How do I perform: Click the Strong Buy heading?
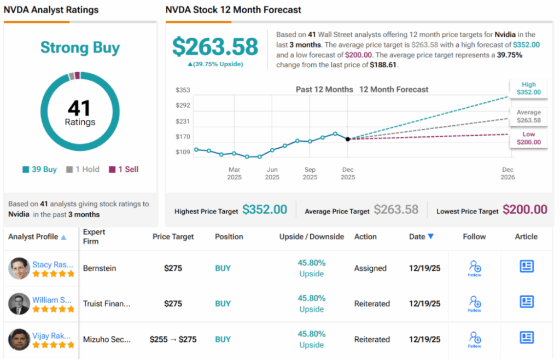(80, 48)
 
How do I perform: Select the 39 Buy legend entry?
(39, 170)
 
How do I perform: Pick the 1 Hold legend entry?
(83, 170)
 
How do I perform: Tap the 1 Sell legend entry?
(124, 170)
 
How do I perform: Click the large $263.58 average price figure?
(215, 47)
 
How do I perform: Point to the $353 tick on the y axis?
(183, 90)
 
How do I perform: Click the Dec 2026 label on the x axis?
(507, 173)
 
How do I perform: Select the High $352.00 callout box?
(528, 89)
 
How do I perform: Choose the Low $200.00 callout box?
(528, 138)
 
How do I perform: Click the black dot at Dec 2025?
(348, 139)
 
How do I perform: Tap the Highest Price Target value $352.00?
(265, 210)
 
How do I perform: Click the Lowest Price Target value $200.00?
(525, 210)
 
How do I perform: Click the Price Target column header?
(173, 237)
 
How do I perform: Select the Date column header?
(422, 237)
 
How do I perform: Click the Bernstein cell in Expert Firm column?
(99, 269)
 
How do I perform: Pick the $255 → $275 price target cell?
(173, 339)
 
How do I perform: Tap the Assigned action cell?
(370, 269)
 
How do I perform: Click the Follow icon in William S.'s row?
(475, 303)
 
